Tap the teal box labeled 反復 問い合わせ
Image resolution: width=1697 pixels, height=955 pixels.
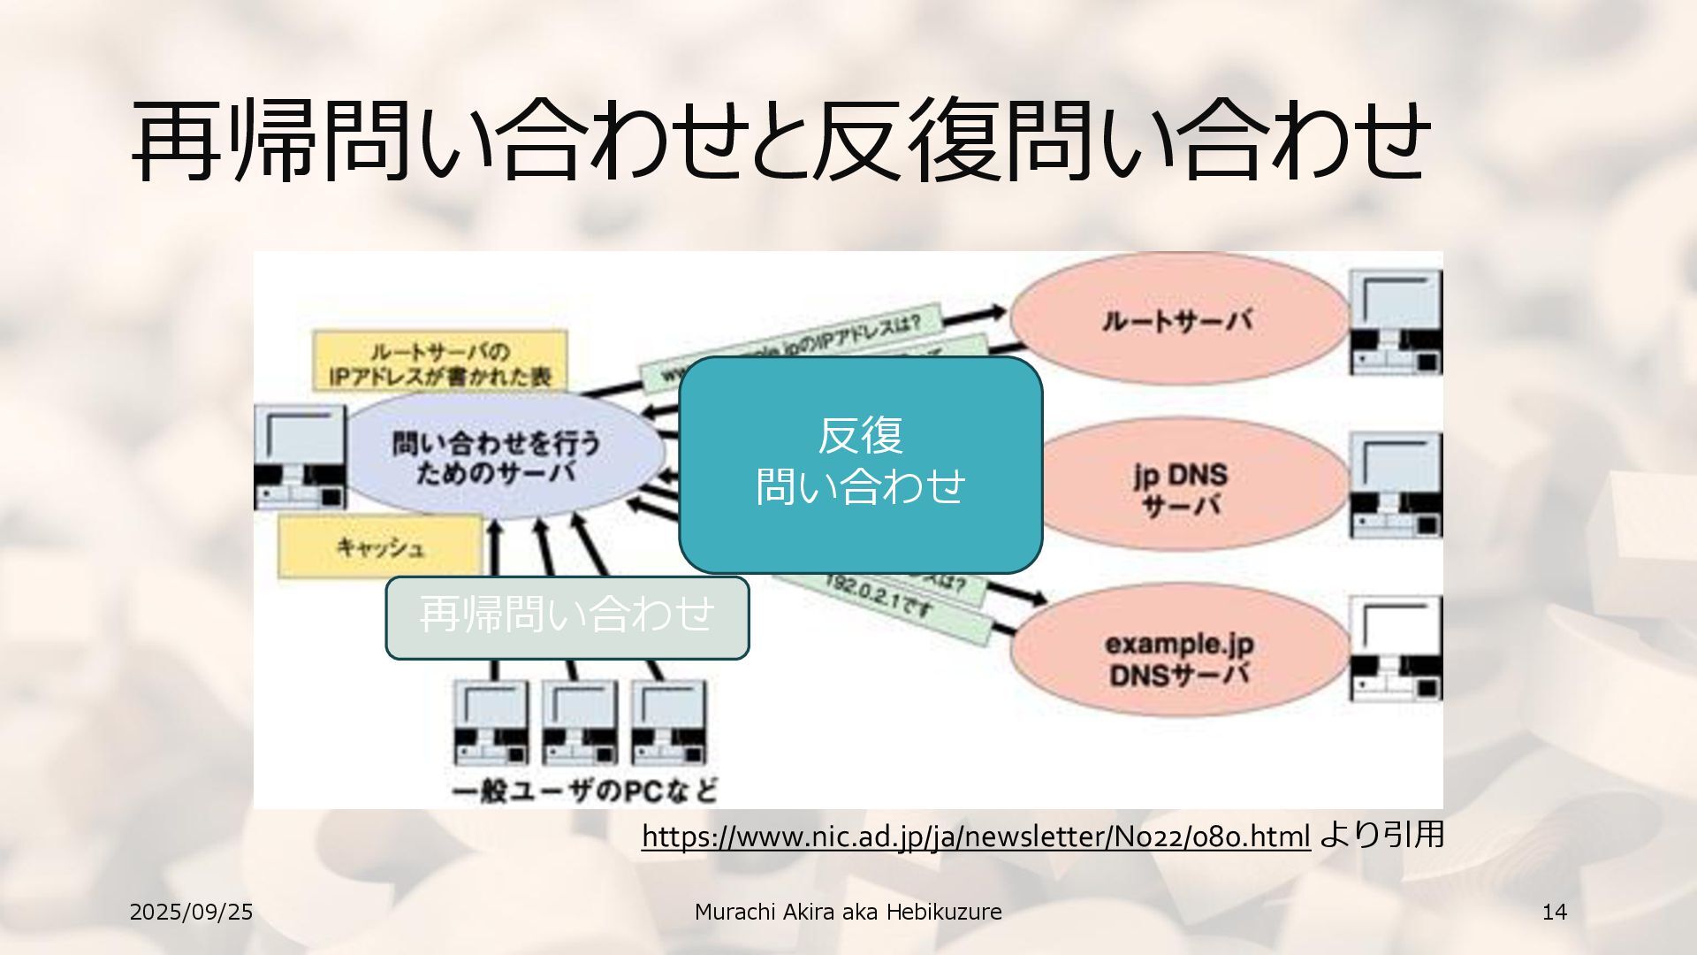tap(860, 464)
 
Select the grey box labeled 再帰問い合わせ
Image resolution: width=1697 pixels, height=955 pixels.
tap(567, 616)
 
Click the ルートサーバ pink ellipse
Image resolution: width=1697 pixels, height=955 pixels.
tap(1177, 320)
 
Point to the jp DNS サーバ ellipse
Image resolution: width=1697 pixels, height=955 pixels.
tap(1181, 488)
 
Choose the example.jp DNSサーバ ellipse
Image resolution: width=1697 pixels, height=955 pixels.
tap(1179, 657)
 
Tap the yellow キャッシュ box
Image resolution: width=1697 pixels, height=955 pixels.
tap(381, 547)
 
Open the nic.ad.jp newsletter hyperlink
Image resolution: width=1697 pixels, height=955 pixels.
tap(975, 836)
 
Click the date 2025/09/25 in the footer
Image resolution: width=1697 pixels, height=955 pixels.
tap(191, 913)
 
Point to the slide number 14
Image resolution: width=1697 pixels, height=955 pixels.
tap(1554, 913)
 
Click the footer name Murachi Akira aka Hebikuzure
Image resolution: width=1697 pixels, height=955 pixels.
tap(848, 913)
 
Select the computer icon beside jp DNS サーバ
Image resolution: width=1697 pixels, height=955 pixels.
tap(1395, 485)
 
